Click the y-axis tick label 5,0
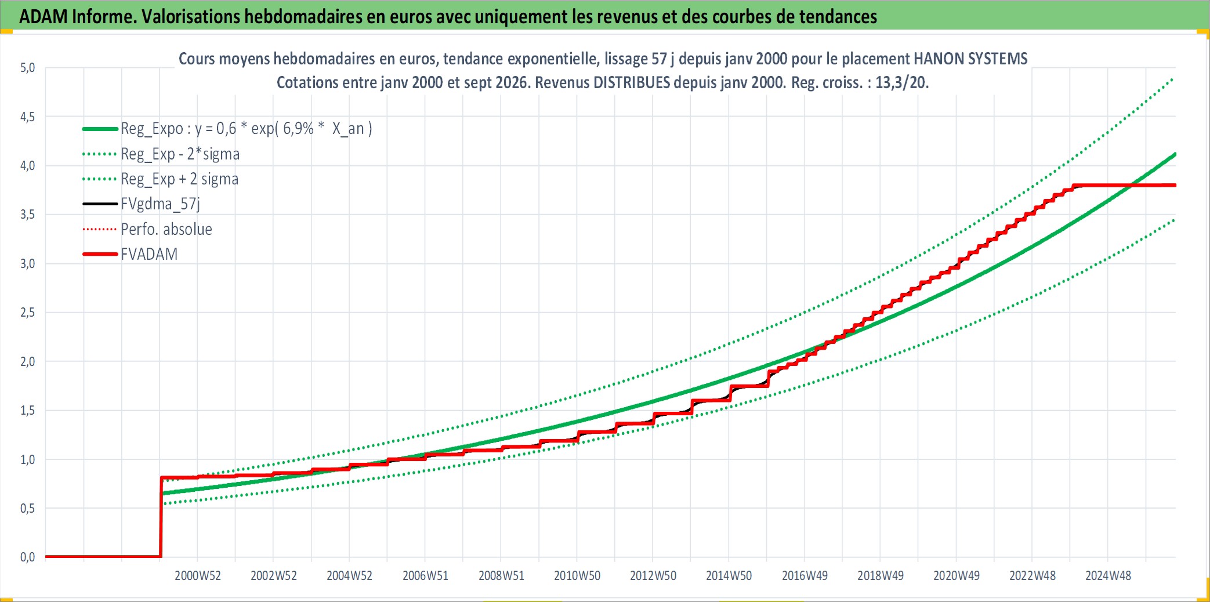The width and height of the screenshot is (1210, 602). tap(27, 68)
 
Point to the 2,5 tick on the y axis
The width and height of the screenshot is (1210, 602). tap(27, 313)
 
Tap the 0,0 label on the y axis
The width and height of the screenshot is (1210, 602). tap(27, 557)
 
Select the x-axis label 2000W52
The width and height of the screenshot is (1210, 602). tap(198, 576)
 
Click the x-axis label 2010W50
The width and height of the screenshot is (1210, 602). tap(577, 576)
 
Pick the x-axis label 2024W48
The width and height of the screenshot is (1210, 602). tap(1108, 576)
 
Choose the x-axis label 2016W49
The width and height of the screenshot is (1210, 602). tap(805, 576)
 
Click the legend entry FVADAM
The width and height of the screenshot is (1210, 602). tap(149, 254)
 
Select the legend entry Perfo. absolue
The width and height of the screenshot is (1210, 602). tap(166, 229)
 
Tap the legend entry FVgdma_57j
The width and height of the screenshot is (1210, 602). tap(160, 204)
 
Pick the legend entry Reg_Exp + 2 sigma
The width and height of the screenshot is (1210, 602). tap(179, 179)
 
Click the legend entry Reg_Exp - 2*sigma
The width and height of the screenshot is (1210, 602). tap(180, 154)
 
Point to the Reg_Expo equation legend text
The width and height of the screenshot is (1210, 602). tap(246, 128)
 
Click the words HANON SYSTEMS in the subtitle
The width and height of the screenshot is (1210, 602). tap(970, 59)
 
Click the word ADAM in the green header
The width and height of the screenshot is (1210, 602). tap(44, 16)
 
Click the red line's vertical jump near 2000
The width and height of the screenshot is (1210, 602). tap(161, 517)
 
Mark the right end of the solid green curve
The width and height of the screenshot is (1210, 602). tap(1175, 154)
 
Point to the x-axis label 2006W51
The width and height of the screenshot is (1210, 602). tap(425, 576)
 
